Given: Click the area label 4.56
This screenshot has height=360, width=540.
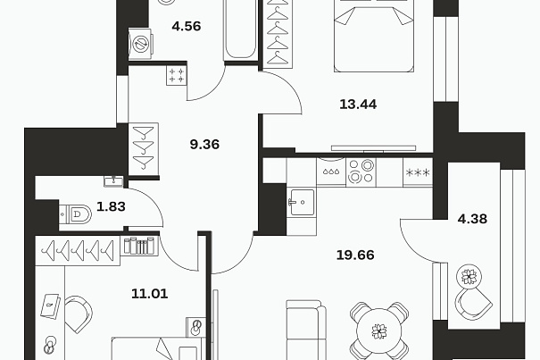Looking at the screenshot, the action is click(x=187, y=26).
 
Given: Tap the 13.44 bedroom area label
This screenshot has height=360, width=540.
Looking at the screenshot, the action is click(x=358, y=104).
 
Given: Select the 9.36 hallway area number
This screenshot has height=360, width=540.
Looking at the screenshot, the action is click(x=204, y=144).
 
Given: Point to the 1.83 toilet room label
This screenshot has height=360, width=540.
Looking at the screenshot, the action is click(x=111, y=206).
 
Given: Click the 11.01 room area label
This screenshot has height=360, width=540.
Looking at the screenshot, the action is click(x=149, y=293).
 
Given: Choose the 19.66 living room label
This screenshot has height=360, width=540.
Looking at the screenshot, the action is click(x=355, y=255).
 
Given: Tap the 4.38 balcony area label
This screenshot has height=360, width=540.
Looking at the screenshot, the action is click(x=472, y=219).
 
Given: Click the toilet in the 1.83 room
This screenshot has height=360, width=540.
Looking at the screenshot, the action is click(x=75, y=214).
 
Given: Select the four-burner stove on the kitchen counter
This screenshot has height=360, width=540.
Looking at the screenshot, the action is click(x=361, y=171).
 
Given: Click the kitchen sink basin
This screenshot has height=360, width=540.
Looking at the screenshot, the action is click(x=302, y=202).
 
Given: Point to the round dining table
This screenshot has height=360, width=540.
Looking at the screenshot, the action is click(x=379, y=331).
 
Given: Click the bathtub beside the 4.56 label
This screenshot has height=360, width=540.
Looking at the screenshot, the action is click(x=240, y=30).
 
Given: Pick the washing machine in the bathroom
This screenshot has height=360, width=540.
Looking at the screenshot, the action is click(x=141, y=44).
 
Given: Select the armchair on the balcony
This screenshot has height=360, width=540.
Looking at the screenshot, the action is click(x=473, y=304).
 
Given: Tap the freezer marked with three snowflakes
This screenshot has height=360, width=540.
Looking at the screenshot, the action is click(x=418, y=172).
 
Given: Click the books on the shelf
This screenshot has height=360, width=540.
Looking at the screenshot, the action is click(x=139, y=246).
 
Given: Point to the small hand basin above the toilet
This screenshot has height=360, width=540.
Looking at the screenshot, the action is click(x=113, y=181).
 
